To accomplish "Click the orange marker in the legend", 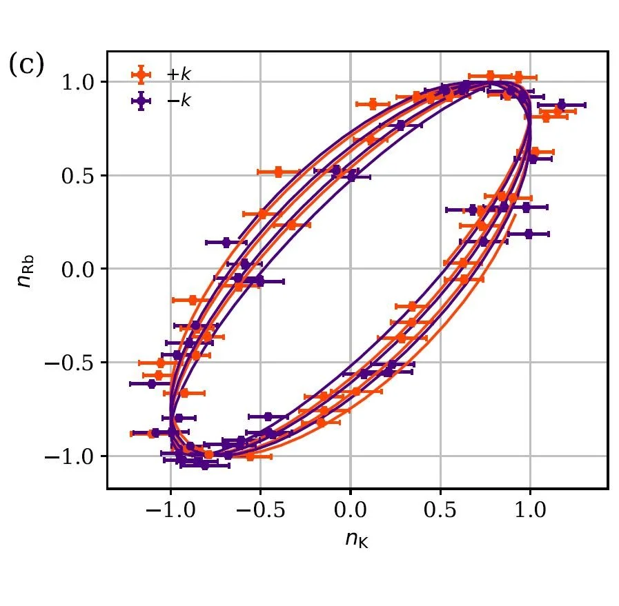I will click(x=142, y=74).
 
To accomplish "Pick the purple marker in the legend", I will click(x=142, y=101).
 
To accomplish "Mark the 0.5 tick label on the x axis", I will click(x=440, y=512).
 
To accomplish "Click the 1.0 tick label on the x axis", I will click(x=530, y=512).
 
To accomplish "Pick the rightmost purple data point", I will click(x=561, y=105).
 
